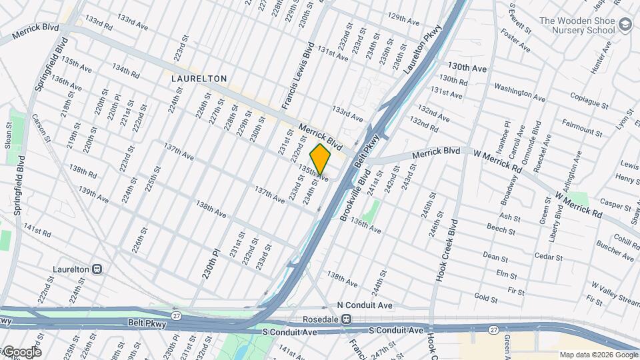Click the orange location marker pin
(x=320, y=158)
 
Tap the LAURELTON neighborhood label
(x=199, y=79)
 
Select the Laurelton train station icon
(x=97, y=269)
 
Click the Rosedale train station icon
(x=346, y=319)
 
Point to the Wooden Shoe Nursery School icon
(x=625, y=25)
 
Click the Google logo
(x=21, y=351)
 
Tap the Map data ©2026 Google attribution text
(x=597, y=355)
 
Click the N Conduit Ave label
(x=365, y=305)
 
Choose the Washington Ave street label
(x=519, y=93)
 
